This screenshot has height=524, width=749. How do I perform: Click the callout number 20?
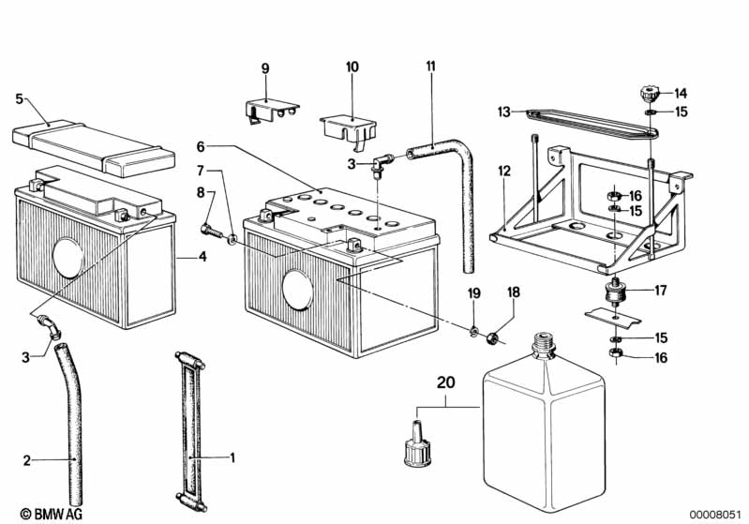tap(446, 382)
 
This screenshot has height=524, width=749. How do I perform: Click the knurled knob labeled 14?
tap(648, 93)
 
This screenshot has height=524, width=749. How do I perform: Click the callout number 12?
tap(504, 171)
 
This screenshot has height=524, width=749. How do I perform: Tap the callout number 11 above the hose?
tap(431, 66)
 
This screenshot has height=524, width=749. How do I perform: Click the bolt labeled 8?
tap(212, 232)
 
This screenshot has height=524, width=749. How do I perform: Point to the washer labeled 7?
tap(232, 238)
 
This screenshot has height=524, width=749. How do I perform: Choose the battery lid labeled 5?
tap(93, 146)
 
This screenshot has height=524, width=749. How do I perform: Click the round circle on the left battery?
tap(67, 258)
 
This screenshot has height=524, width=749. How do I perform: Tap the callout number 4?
tap(203, 257)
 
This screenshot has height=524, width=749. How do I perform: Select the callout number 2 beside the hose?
tap(27, 460)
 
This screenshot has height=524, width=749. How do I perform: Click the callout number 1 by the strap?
tap(232, 457)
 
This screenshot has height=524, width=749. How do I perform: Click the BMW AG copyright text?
tap(52, 514)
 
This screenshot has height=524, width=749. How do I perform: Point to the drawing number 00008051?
tap(715, 514)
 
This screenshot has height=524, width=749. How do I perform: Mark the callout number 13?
tap(504, 112)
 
